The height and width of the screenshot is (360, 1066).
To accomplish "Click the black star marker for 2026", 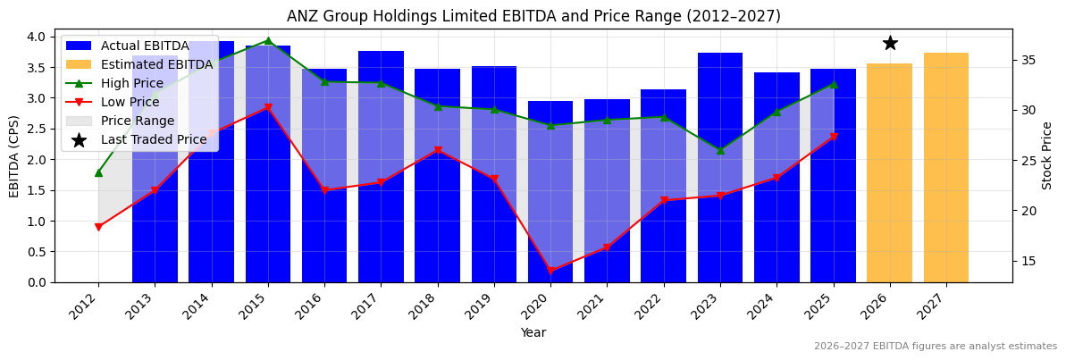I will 890,43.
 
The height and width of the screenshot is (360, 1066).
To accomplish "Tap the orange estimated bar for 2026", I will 889,173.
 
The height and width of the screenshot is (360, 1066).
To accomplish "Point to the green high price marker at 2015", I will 268,40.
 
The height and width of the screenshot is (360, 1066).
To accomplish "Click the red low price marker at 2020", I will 550,271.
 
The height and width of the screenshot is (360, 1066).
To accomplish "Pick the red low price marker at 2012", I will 98,227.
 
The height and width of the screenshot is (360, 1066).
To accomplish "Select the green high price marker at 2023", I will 720,150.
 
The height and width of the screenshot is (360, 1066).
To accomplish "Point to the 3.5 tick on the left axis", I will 37,68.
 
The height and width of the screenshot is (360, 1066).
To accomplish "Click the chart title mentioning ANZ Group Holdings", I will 533,16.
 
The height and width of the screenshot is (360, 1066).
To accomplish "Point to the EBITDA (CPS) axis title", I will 14,156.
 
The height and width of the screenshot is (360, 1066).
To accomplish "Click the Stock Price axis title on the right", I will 1048,155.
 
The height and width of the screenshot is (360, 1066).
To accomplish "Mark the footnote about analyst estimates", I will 935,347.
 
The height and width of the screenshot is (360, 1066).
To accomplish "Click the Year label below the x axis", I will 533,332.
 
